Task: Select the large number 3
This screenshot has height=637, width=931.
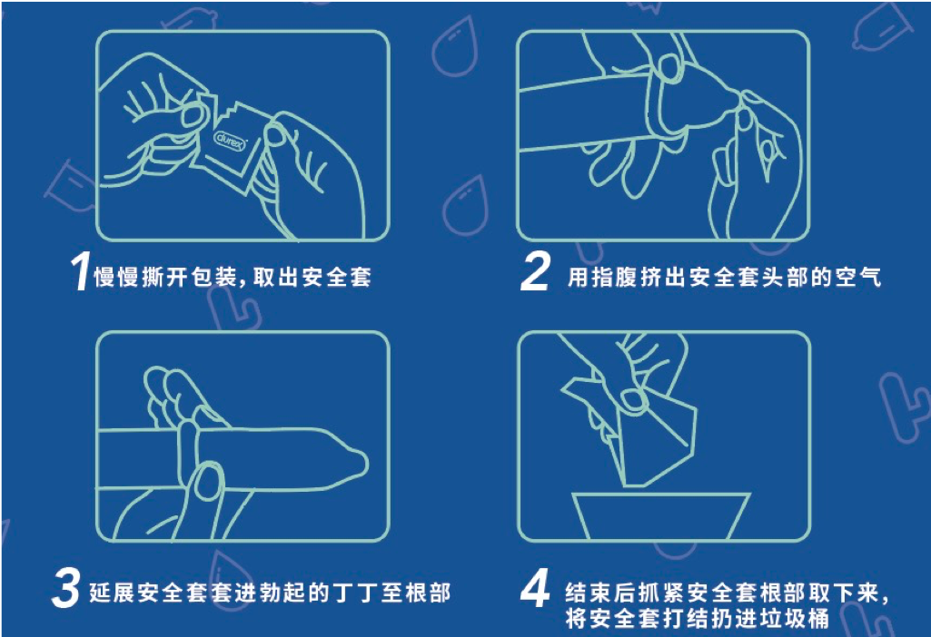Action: click(66, 590)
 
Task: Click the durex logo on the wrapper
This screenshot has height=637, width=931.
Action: click(229, 141)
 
